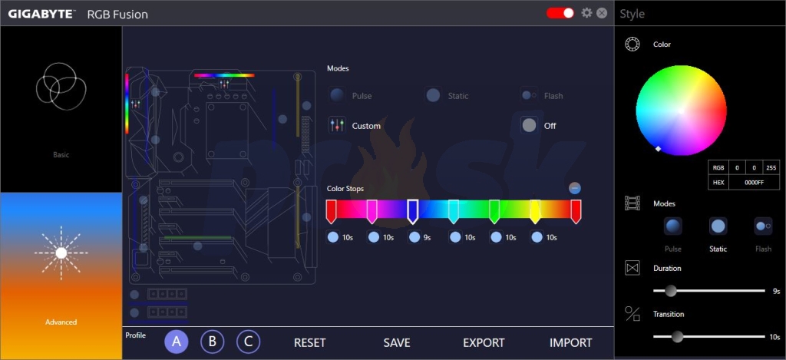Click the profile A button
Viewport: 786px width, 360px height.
pyautogui.click(x=177, y=342)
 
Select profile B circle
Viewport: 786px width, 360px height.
pyautogui.click(x=213, y=342)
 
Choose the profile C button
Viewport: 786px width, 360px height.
pyautogui.click(x=248, y=342)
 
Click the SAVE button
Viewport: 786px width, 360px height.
pyautogui.click(x=397, y=343)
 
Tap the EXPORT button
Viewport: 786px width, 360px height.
pyautogui.click(x=484, y=343)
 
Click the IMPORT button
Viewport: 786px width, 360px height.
pyautogui.click(x=570, y=343)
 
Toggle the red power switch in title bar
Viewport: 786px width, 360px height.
pyautogui.click(x=560, y=13)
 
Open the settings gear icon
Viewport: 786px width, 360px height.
pyautogui.click(x=587, y=13)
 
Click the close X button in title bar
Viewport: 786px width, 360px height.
pyautogui.click(x=602, y=13)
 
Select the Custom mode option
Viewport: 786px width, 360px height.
pyautogui.click(x=366, y=126)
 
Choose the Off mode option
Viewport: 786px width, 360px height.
pyautogui.click(x=550, y=126)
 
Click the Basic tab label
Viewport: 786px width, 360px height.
pyautogui.click(x=61, y=155)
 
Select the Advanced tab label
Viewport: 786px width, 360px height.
pyautogui.click(x=61, y=322)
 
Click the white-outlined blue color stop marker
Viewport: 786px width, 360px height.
pyautogui.click(x=412, y=210)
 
